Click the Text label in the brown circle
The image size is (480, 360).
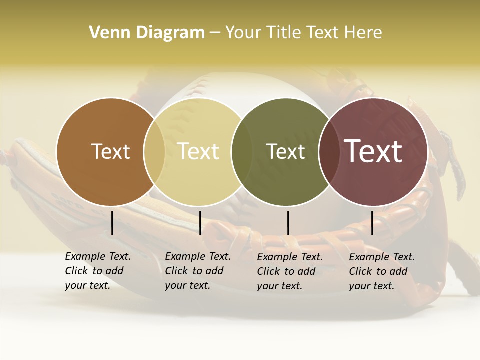tap(110, 151)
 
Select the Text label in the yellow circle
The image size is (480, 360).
tap(198, 151)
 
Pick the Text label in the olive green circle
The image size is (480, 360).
tap(285, 151)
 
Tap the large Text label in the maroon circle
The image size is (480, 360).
tap(373, 151)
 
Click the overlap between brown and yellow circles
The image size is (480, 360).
tap(154, 151)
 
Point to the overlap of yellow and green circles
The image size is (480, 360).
tap(242, 151)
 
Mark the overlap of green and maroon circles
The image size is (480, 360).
tap(329, 151)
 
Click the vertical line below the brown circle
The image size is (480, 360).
tap(112, 223)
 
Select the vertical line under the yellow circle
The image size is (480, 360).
tap(200, 223)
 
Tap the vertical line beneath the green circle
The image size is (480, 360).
tap(288, 223)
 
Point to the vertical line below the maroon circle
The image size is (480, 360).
tap(372, 223)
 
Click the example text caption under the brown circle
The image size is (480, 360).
tap(98, 271)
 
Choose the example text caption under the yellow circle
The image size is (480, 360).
tap(198, 271)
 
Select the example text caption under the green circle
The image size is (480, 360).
tap(290, 271)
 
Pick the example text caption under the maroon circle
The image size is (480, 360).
tap(382, 271)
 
